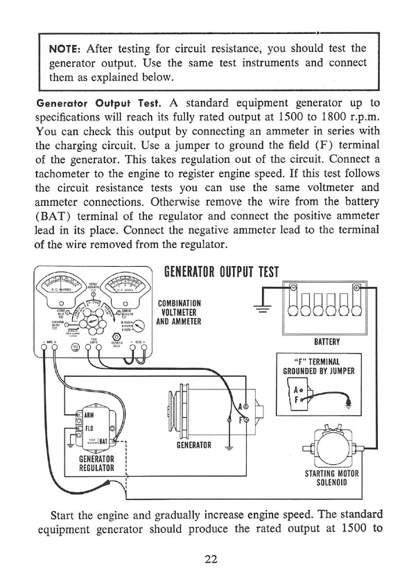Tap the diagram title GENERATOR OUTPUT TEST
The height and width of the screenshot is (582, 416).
coord(220,272)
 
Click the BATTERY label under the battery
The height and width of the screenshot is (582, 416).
coord(325,342)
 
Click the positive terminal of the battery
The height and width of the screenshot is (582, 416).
coord(356,288)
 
